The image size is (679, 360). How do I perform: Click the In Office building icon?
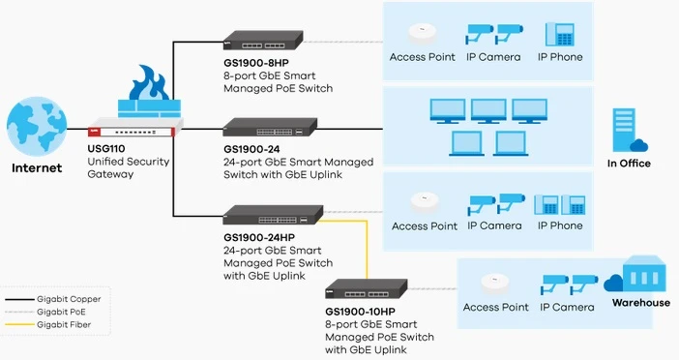627,131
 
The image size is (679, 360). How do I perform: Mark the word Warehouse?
639,303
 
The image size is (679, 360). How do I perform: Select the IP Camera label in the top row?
493,57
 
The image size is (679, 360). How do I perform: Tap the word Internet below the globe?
37,167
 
